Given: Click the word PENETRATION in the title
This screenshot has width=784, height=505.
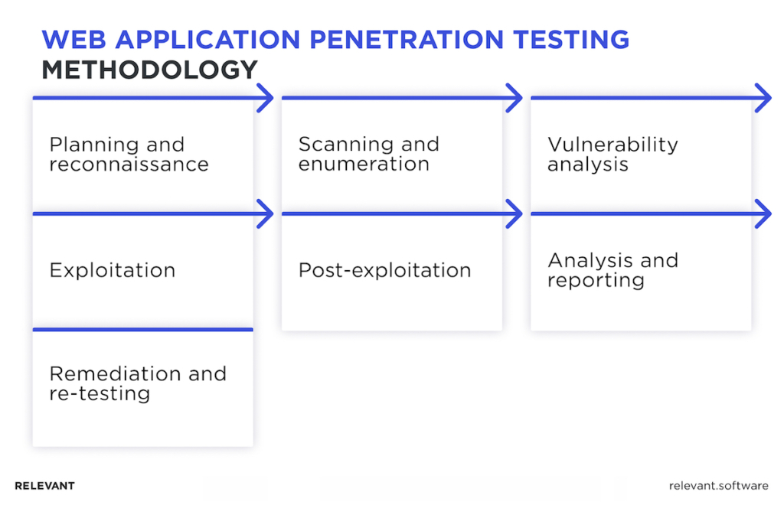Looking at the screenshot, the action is (x=407, y=40).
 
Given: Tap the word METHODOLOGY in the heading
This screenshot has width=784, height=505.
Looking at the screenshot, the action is (x=149, y=70).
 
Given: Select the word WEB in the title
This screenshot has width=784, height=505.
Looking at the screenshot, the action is (x=74, y=40).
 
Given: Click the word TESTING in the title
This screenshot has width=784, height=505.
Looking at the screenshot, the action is (x=571, y=40).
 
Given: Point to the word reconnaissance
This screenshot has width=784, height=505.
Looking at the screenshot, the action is (x=129, y=165).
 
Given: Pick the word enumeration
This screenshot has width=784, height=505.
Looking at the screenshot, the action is (x=364, y=164).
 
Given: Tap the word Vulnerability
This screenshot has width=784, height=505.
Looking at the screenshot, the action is (x=613, y=145).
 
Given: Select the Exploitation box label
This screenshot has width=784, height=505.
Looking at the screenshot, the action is (x=113, y=270).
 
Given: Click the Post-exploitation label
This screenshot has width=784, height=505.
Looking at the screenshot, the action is (x=385, y=270).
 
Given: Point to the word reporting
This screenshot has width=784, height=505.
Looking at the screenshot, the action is (x=596, y=280).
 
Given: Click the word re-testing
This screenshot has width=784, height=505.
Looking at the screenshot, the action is (x=100, y=393).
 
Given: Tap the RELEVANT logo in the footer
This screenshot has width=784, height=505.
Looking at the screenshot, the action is (x=44, y=486).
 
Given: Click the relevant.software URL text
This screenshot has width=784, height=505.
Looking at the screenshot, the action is (x=718, y=486).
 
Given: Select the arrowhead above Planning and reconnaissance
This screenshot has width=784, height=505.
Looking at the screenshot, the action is (x=266, y=98).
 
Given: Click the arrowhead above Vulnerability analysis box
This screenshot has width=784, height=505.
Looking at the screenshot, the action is (x=763, y=98).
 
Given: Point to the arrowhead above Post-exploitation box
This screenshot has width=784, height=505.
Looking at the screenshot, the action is (x=514, y=213).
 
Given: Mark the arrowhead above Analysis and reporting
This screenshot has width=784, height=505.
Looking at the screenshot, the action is (x=763, y=213).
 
